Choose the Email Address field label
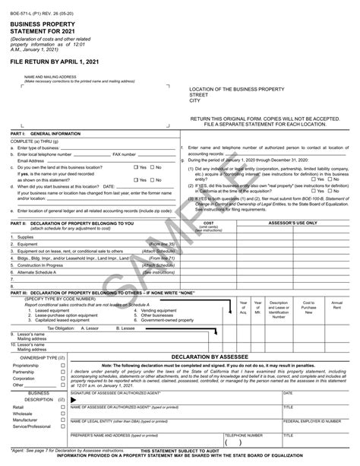point(30,161)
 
